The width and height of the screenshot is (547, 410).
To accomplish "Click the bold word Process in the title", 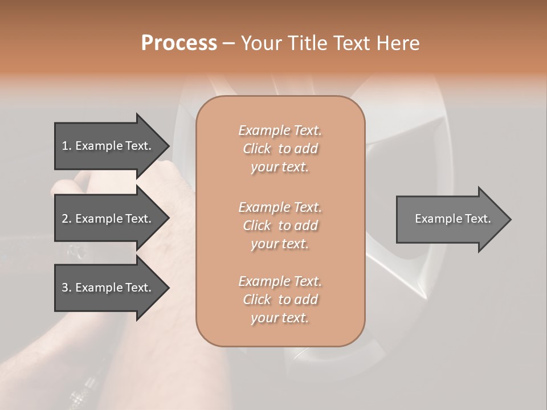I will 179,43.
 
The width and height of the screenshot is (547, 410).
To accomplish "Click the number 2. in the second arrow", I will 67,219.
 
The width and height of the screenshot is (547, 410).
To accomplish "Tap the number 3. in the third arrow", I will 67,288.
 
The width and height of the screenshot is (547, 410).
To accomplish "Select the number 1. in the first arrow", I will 67,146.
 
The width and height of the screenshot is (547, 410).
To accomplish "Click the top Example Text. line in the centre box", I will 280,130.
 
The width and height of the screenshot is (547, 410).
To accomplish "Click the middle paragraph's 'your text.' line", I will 280,244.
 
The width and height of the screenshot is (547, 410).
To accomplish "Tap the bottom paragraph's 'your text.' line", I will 280,318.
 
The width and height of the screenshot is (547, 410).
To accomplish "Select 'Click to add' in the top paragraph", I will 280,149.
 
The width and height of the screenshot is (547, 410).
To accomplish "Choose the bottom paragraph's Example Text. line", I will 280,281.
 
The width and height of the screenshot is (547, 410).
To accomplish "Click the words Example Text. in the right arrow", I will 452,219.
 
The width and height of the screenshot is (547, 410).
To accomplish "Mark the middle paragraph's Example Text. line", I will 280,207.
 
